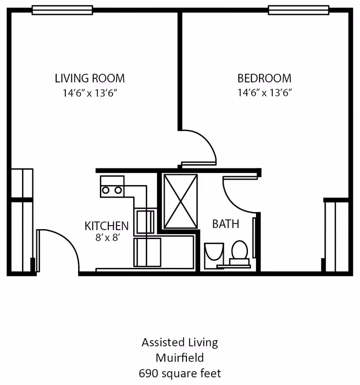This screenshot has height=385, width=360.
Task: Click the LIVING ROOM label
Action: coord(90,78)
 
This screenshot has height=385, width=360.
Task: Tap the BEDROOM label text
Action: coord(264,78)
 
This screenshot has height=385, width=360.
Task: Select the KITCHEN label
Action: coord(107,226)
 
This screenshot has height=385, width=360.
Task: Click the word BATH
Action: coord(225,224)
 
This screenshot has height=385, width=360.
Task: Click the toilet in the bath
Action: coord(239,251)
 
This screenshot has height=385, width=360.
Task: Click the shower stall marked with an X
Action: coord(180,201)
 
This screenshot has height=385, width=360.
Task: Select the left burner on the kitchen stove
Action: coord(106,190)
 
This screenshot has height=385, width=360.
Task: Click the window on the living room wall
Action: coord(63,10)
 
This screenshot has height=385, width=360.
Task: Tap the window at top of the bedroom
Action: coord(298,10)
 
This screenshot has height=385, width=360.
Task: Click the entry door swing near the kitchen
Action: coord(58,248)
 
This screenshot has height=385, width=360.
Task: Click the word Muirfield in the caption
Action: coord(180,358)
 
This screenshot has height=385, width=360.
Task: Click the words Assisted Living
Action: coord(180,342)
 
